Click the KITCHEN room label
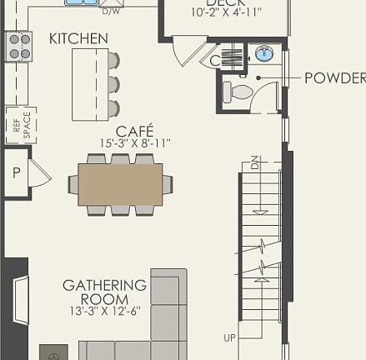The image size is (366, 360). coord(78,38)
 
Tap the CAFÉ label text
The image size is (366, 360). coord(134,131)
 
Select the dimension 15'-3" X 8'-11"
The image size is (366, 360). coord(134,143)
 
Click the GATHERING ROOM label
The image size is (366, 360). coord(104,292)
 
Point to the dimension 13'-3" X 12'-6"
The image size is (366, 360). coord(104,311)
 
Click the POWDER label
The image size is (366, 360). coord(334,78)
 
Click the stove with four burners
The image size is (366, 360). coord(18,46)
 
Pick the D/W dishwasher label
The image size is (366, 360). coord(110,12)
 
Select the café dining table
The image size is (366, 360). coord(120,184)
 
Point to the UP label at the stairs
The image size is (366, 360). coord(230,337)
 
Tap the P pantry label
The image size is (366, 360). coord(16,172)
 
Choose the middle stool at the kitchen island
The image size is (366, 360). coord(113,84)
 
